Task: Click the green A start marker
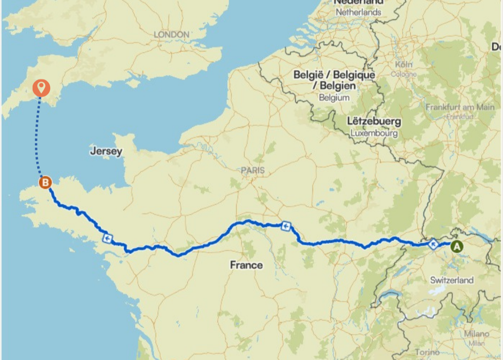click(457, 246)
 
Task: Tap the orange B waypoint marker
click(45, 183)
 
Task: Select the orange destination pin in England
click(41, 87)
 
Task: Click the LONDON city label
click(171, 34)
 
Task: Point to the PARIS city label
click(252, 171)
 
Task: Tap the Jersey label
click(106, 151)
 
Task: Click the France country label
click(246, 265)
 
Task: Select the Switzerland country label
click(451, 280)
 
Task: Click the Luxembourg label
click(374, 133)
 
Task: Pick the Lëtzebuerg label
click(374, 122)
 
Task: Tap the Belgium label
click(334, 98)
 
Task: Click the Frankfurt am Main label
click(460, 108)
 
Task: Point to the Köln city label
click(403, 64)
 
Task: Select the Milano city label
click(476, 334)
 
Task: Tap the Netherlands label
click(358, 13)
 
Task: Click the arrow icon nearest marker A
click(434, 245)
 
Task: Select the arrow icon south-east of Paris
click(285, 226)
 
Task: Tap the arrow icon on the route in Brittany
click(108, 239)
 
